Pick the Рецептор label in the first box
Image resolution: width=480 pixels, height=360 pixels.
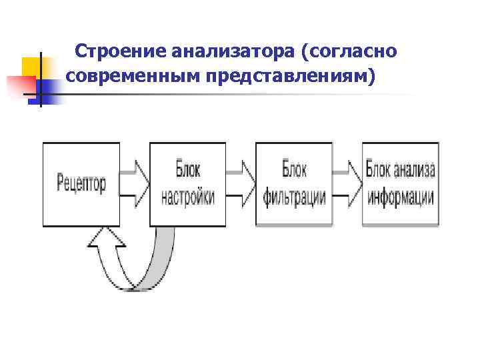[x=81, y=183]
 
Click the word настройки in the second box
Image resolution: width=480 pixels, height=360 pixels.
[x=188, y=197]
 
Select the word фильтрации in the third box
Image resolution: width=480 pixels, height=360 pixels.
[x=294, y=197]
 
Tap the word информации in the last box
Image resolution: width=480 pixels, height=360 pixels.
[x=401, y=197]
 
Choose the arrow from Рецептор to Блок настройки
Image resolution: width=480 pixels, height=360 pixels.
[x=135, y=183]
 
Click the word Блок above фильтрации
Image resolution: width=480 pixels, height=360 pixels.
[x=294, y=169]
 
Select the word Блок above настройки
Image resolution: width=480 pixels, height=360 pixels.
[x=188, y=169]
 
